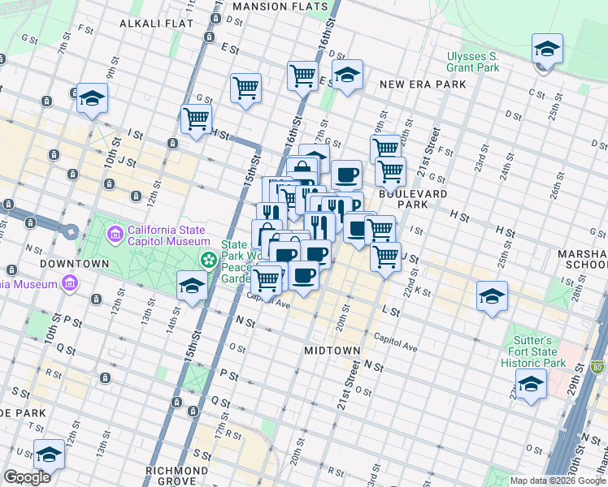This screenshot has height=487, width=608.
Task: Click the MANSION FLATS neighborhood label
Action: pyautogui.click(x=271, y=6)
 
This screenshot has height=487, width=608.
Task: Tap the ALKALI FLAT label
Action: pyautogui.click(x=156, y=24)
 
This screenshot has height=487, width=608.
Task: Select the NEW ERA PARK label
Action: pyautogui.click(x=423, y=84)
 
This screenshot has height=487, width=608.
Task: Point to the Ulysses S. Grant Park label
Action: pyautogui.click(x=472, y=62)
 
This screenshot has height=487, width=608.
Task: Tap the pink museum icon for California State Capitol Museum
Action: pyautogui.click(x=115, y=235)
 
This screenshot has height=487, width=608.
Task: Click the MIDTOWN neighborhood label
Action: pyautogui.click(x=332, y=351)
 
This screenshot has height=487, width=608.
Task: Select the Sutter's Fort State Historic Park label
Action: pyautogui.click(x=533, y=351)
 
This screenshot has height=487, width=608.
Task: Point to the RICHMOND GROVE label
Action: pyautogui.click(x=177, y=471)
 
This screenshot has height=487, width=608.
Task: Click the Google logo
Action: pyautogui.click(x=27, y=477)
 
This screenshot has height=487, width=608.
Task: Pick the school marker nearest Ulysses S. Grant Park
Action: pyautogui.click(x=547, y=49)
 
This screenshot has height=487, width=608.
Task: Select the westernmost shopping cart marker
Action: pyautogui.click(x=196, y=119)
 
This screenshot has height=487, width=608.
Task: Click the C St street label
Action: pyautogui.click(x=536, y=93)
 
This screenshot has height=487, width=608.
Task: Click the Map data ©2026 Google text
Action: pyautogui.click(x=557, y=481)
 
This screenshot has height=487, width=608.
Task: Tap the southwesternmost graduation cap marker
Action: pyautogui.click(x=49, y=455)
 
